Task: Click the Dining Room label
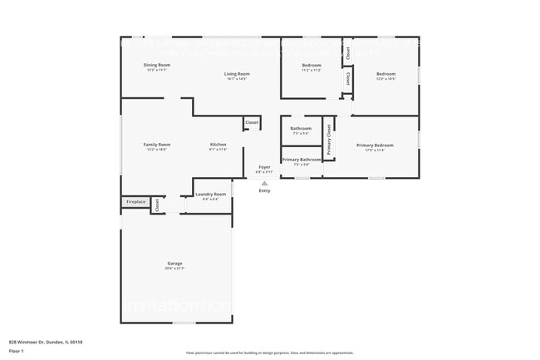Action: point(156,65)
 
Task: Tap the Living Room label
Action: point(237,74)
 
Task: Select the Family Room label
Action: point(156,144)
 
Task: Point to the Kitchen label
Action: point(218,144)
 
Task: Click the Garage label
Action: point(174,264)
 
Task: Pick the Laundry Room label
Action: point(210,194)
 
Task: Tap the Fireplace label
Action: point(135,202)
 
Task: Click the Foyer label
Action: point(264,167)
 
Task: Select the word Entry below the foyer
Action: point(264,190)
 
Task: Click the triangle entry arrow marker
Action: point(264,183)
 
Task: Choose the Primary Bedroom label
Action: point(375,145)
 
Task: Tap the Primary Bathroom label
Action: point(301,159)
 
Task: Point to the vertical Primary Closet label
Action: point(329,141)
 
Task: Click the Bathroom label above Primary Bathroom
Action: point(301,128)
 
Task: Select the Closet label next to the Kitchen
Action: point(251,122)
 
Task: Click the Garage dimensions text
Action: point(174,269)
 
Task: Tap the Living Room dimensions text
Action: point(237,79)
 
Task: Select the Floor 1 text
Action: point(17,351)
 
